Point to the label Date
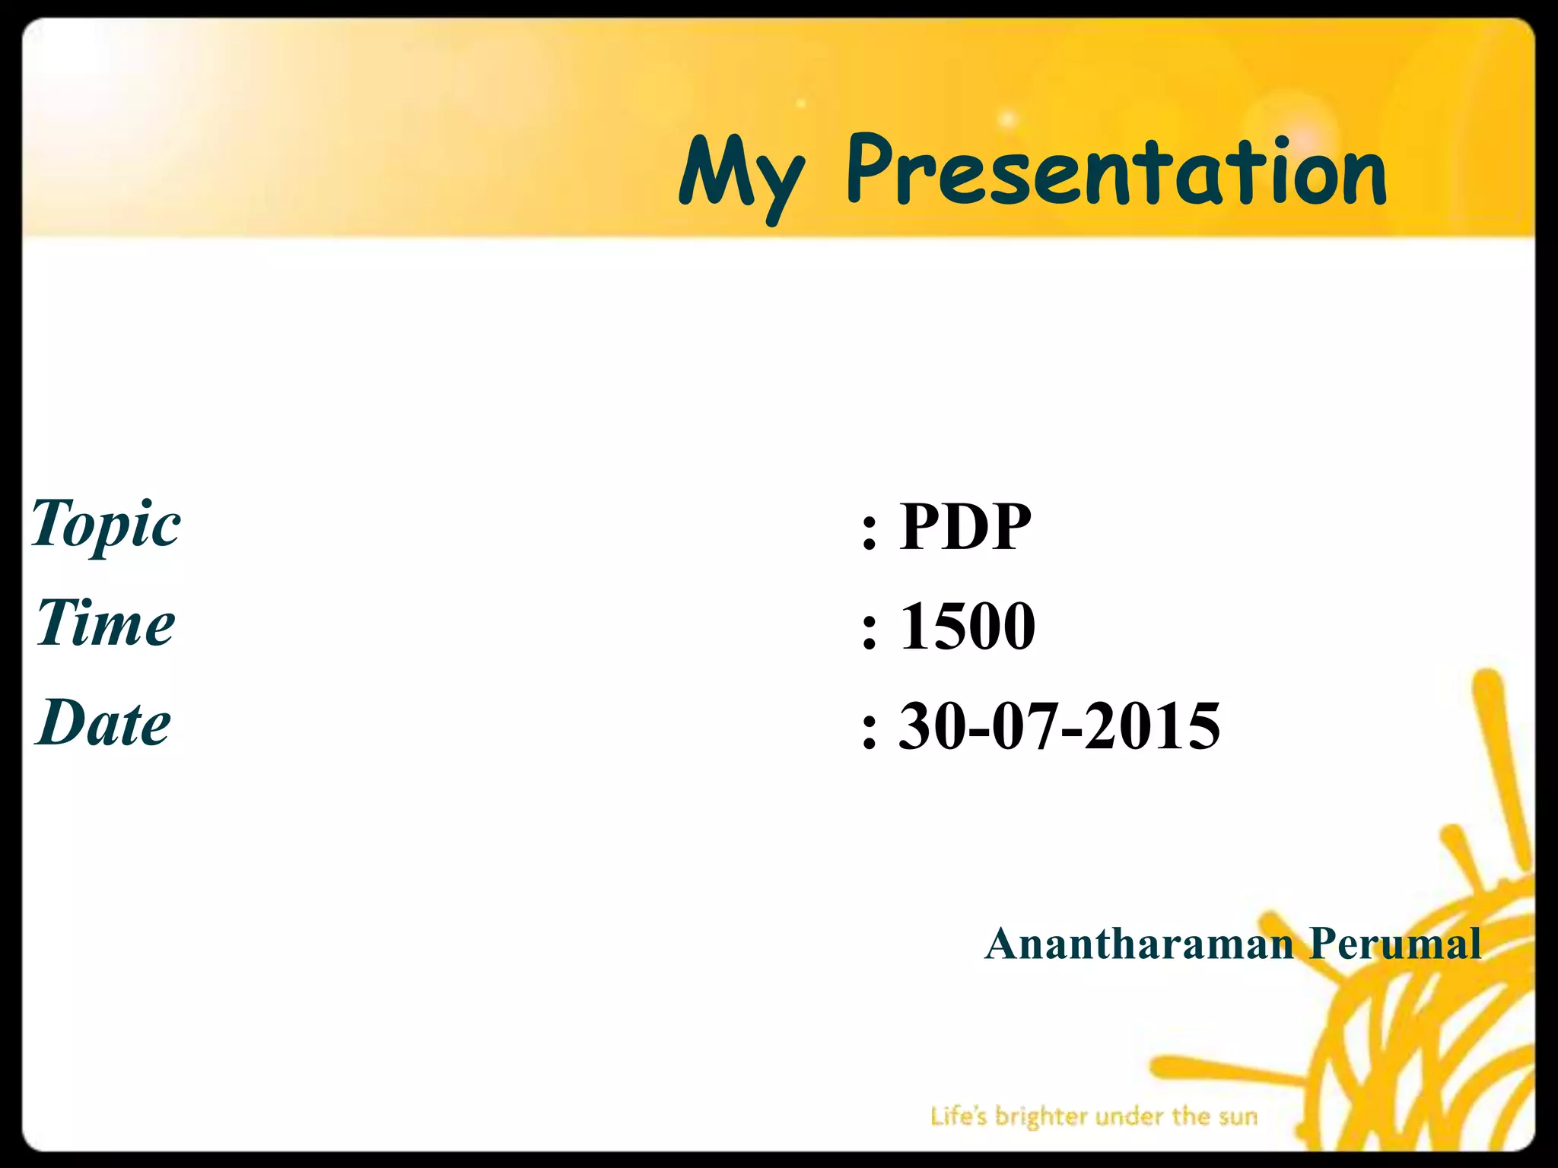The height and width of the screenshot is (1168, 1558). coord(103,722)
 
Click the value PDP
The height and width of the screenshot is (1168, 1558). coord(965,526)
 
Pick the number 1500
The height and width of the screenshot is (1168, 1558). coord(967,625)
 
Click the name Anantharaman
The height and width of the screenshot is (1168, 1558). coord(1139,944)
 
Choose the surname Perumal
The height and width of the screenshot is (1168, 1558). coord(1395,944)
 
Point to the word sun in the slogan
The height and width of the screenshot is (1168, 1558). coord(1237,1117)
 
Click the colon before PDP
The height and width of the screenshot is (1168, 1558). coord(870,530)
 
